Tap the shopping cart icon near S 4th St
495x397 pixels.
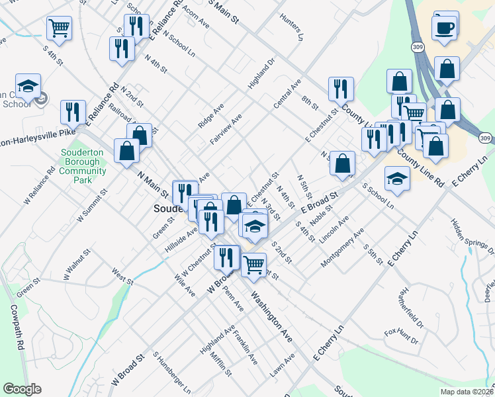59,28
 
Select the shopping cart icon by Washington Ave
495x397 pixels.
254,265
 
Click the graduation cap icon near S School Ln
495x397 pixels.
397,178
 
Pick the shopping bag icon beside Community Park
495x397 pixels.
126,150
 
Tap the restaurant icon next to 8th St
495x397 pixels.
341,89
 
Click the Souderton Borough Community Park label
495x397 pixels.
83,165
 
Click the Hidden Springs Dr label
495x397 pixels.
472,236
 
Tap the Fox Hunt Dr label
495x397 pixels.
402,335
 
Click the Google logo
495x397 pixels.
22,389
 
